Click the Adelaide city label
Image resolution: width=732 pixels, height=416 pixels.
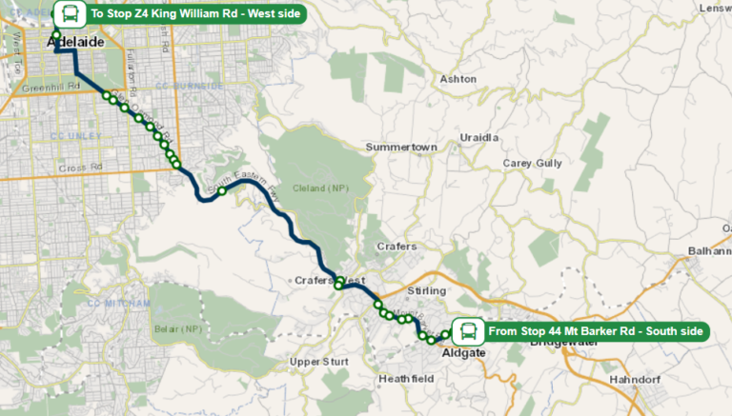click(74, 43)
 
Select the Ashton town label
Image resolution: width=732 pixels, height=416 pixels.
click(457, 79)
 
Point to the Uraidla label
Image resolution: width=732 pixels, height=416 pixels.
click(479, 138)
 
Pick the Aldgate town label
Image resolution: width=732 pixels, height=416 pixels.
click(464, 353)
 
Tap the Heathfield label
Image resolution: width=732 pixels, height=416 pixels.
click(406, 378)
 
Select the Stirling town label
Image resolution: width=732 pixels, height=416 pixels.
click(426, 289)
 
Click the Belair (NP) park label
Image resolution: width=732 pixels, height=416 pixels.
click(177, 328)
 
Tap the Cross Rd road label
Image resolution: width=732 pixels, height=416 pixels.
click(79, 168)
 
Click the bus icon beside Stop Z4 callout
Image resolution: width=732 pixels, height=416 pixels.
click(68, 13)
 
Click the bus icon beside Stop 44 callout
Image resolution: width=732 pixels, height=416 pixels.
click(467, 331)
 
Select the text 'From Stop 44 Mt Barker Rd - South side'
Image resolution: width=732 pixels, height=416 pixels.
click(596, 331)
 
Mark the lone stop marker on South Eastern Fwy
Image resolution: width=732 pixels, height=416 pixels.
click(221, 191)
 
